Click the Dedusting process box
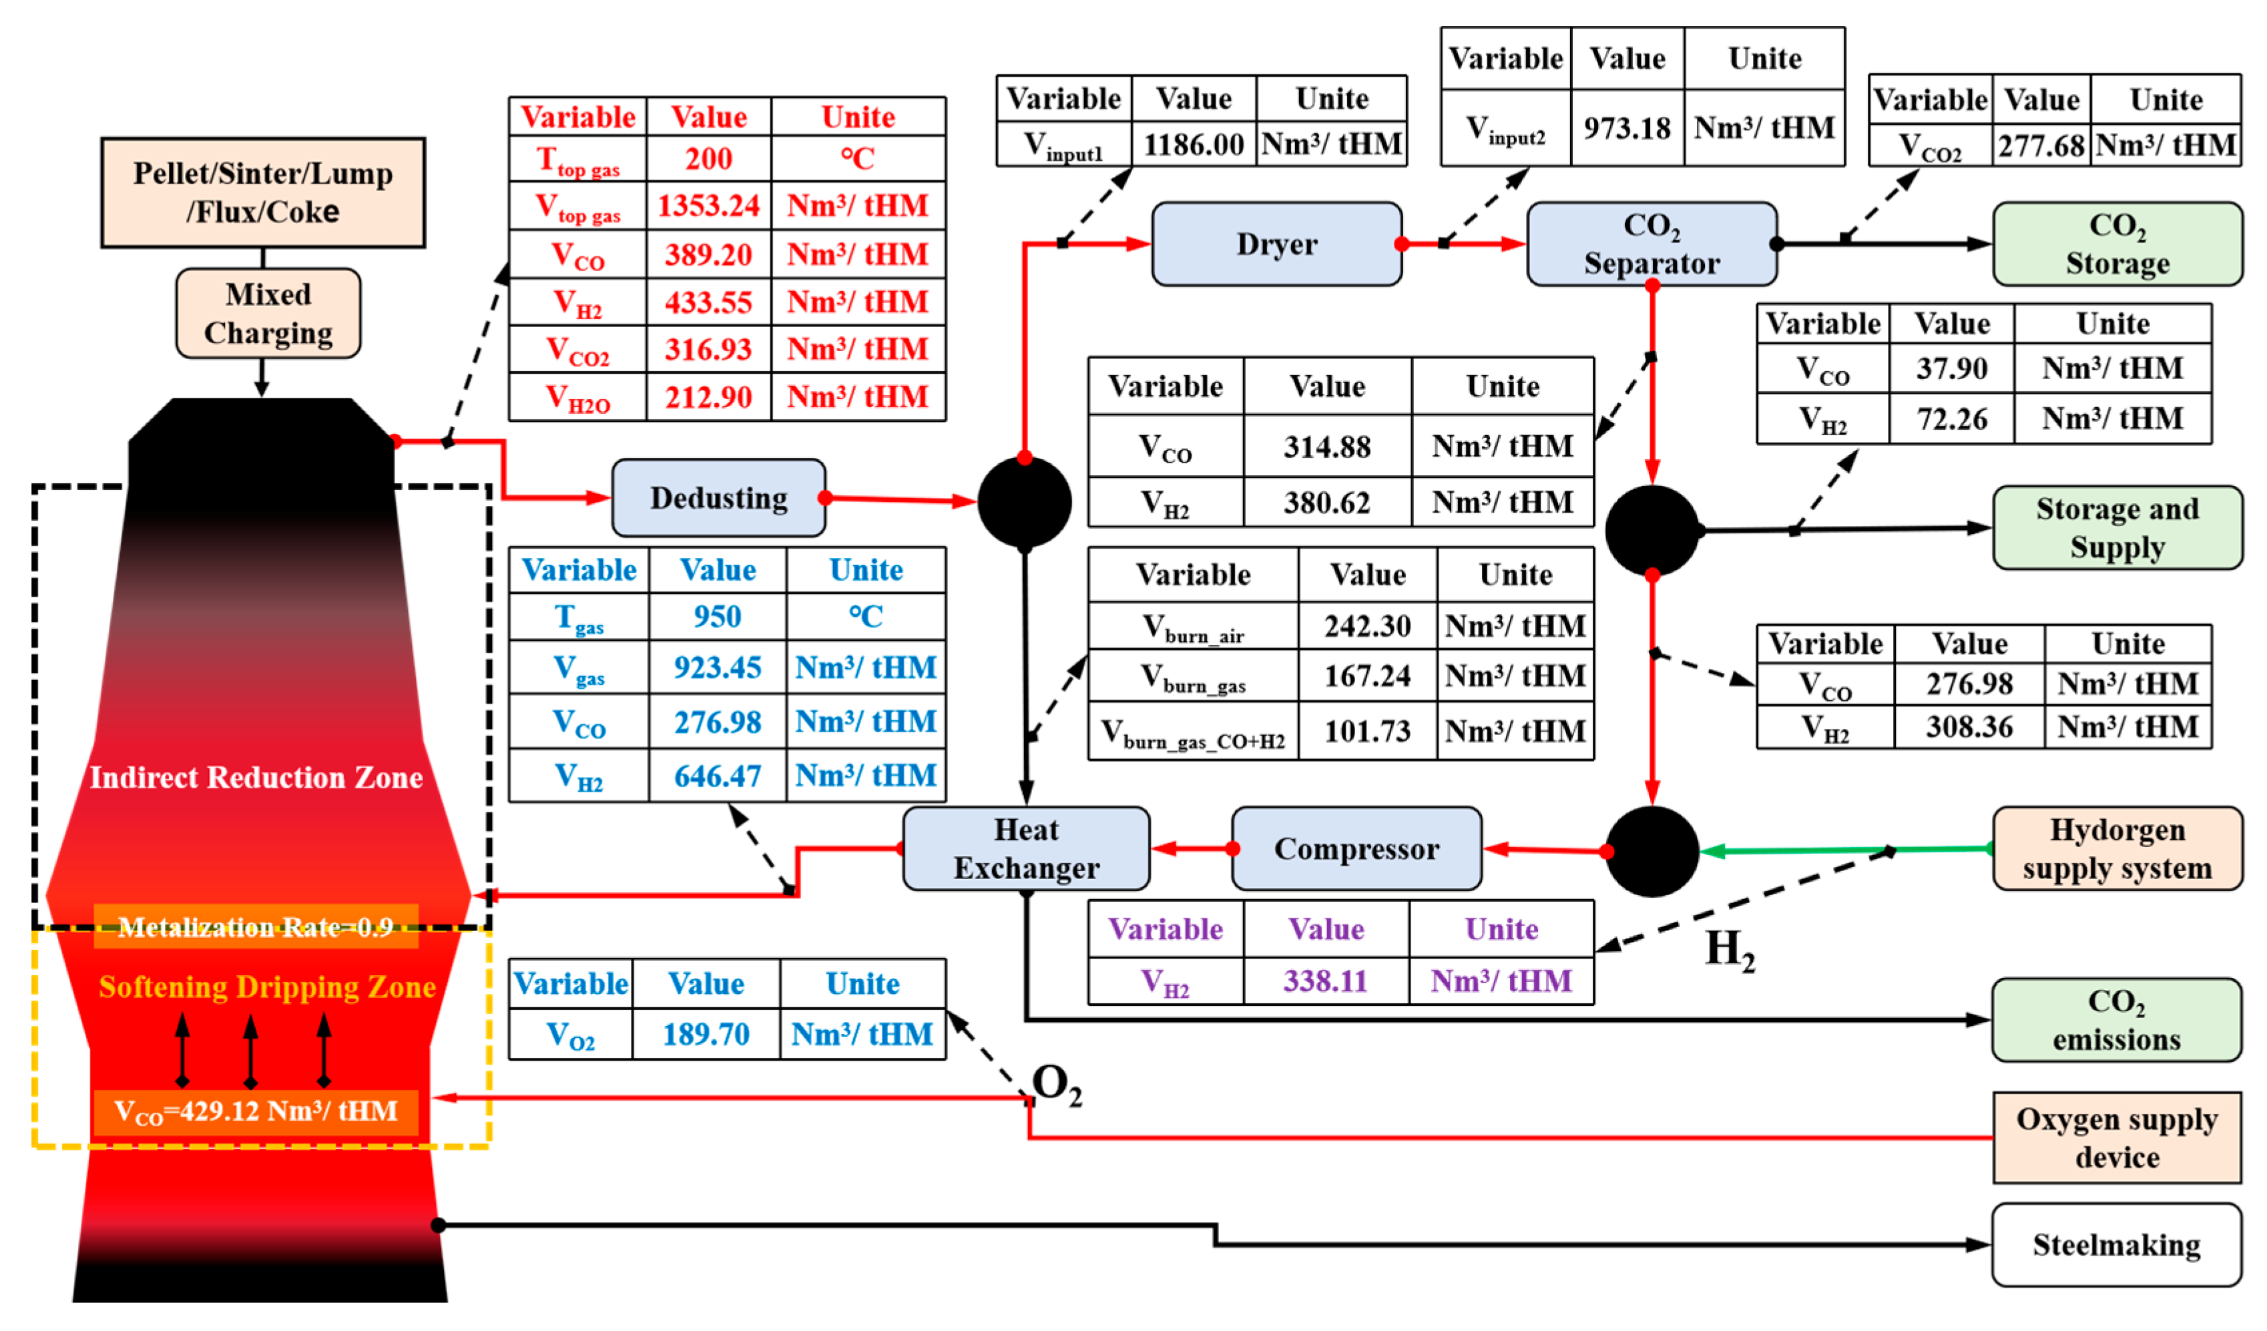click(719, 497)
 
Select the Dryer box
click(1276, 244)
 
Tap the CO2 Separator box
click(1652, 244)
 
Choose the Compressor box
click(1356, 848)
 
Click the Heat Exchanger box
click(1027, 848)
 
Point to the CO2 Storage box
click(2117, 244)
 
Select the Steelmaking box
click(2117, 1245)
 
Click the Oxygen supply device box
click(2117, 1137)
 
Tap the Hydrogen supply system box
click(2117, 848)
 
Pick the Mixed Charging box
click(268, 313)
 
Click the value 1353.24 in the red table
click(709, 206)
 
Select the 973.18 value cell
click(1627, 127)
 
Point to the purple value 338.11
click(1325, 981)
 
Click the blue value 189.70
click(706, 1034)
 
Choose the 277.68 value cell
click(2041, 146)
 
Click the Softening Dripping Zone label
click(267, 987)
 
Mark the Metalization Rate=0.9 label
click(256, 926)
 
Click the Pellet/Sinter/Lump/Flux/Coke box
click(263, 192)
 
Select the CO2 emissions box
click(2117, 1020)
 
